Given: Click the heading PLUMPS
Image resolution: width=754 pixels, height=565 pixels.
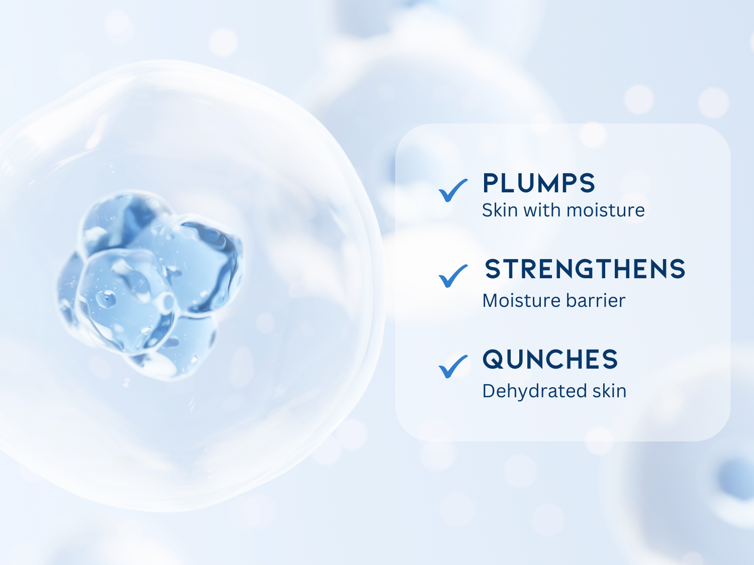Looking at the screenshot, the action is tap(539, 183).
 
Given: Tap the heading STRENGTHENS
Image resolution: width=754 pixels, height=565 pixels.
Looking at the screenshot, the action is tap(585, 269).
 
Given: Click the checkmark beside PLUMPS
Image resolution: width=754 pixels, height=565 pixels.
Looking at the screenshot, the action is tap(453, 191).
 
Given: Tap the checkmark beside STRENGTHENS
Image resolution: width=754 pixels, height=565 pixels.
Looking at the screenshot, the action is tap(453, 276).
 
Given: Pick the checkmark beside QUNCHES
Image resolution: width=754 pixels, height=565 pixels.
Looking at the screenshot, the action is tap(453, 367).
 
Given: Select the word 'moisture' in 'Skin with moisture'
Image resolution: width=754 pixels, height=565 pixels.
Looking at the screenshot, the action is tap(606, 210).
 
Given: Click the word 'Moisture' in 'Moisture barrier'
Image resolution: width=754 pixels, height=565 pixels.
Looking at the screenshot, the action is tap(521, 300).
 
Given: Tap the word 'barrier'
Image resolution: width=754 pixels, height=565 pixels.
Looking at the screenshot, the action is tap(596, 300).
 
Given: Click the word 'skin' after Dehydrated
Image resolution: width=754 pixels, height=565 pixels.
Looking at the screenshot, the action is tap(609, 391).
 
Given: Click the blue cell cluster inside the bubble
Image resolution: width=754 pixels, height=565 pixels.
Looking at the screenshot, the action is tap(150, 285).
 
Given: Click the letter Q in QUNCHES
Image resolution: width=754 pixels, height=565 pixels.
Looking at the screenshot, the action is tap(494, 360).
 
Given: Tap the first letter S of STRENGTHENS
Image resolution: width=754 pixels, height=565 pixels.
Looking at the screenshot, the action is tap(493, 269).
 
